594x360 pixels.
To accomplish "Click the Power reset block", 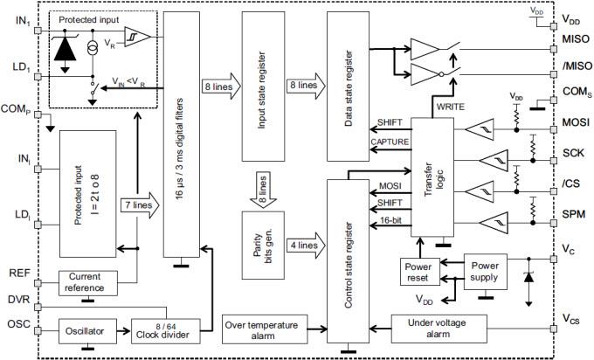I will tap(418, 272).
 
